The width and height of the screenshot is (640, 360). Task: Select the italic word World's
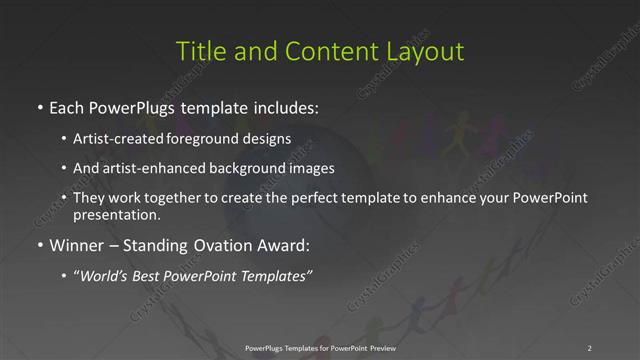click(105, 276)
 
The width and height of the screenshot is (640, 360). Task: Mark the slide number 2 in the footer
click(590, 347)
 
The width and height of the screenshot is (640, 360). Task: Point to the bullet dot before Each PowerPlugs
click(39, 106)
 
